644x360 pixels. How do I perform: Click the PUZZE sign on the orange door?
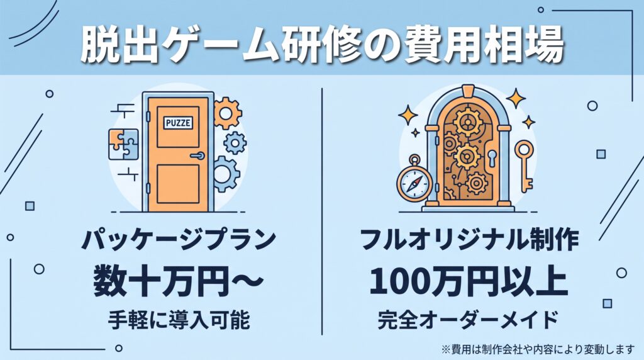[x=178, y=122]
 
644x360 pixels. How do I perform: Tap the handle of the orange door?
[x=197, y=155]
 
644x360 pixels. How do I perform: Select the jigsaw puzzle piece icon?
[x=123, y=145]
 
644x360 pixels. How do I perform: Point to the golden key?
[x=525, y=166]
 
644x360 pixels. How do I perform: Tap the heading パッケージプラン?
[x=178, y=240]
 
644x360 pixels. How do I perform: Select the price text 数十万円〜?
[x=178, y=281]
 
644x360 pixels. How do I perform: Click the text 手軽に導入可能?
[x=179, y=320]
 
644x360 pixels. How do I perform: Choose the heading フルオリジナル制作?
[x=469, y=240]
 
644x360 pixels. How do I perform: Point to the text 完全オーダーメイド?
[x=468, y=320]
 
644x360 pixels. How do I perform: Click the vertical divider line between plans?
[x=322, y=212]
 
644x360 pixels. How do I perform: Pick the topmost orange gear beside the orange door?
[x=228, y=113]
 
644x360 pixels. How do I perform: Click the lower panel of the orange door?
[x=178, y=183]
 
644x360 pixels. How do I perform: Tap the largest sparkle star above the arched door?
[x=516, y=99]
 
